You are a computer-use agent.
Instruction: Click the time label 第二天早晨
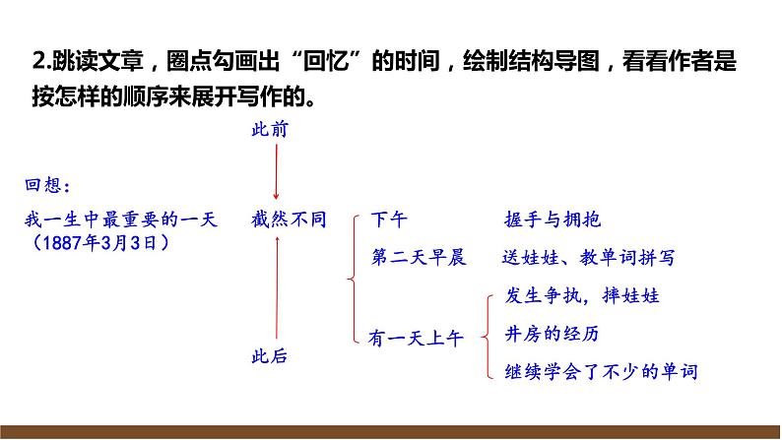tap(418, 258)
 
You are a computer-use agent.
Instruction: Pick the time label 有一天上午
tap(415, 337)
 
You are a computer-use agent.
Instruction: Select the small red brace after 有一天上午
tap(484, 335)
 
